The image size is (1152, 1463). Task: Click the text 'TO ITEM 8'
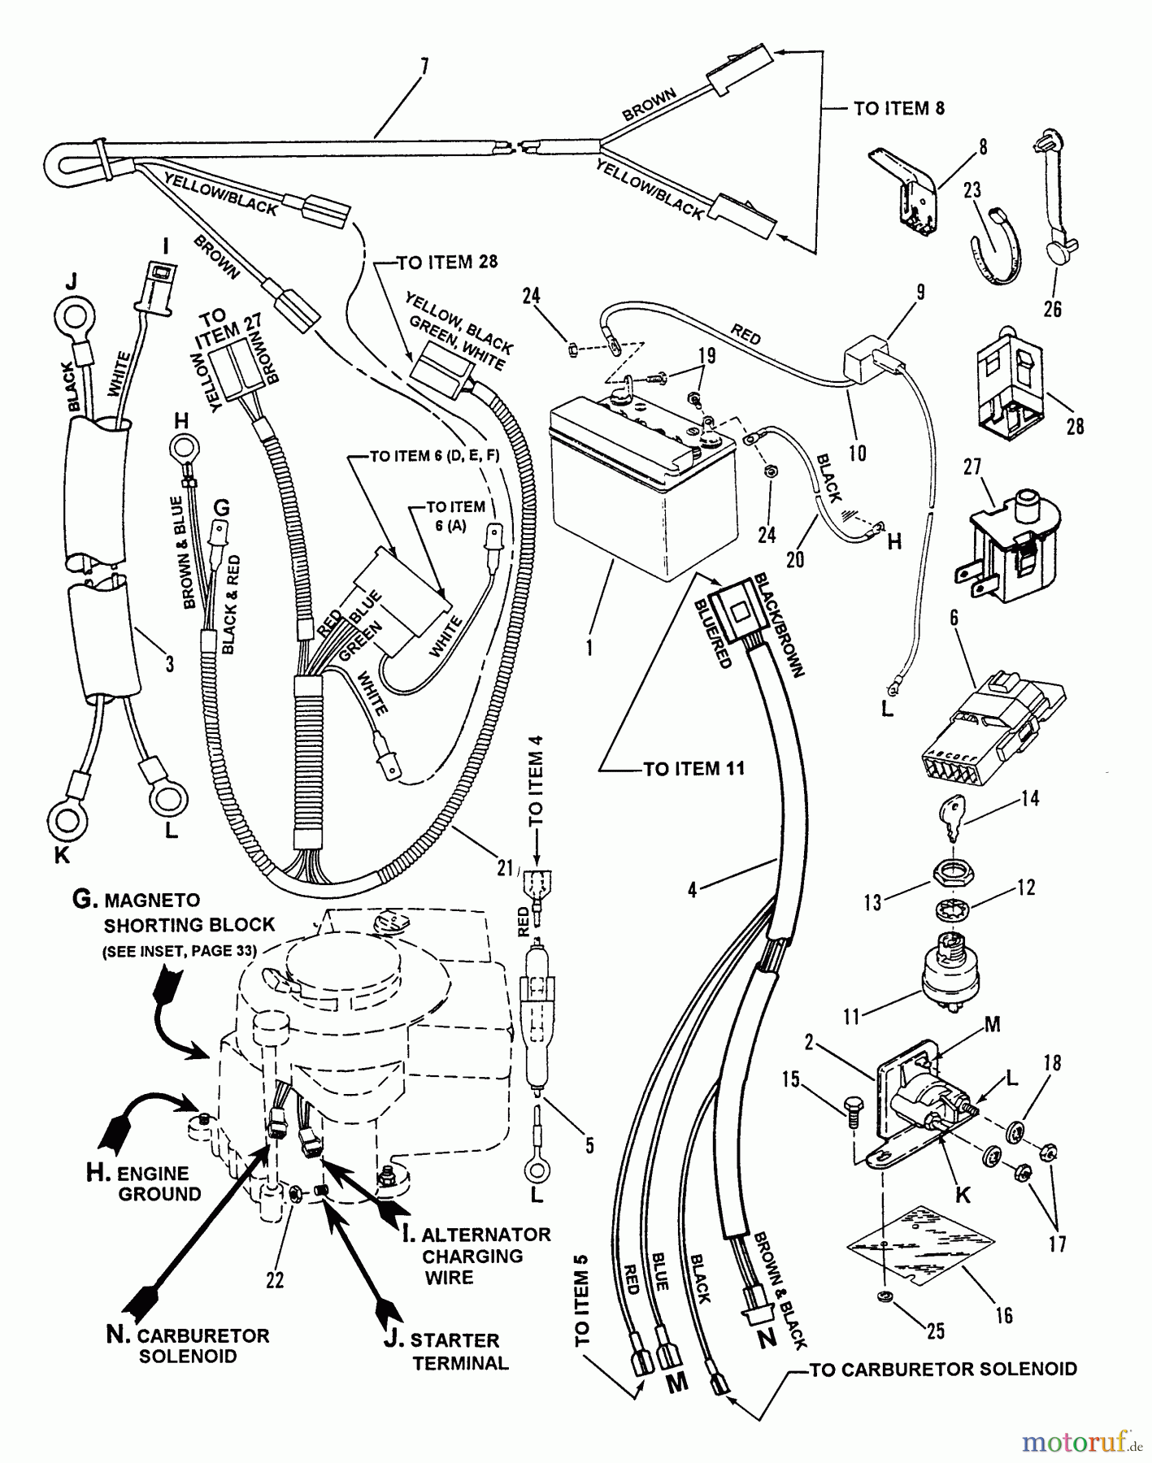pyautogui.click(x=899, y=108)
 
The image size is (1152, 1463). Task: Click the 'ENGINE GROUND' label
pyautogui.click(x=154, y=1183)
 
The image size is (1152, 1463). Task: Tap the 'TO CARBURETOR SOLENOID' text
pyautogui.click(x=942, y=1370)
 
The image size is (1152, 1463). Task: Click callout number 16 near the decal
pyautogui.click(x=1004, y=1314)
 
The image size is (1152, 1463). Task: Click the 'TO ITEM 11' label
pyautogui.click(x=693, y=768)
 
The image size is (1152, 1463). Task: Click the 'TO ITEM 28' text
pyautogui.click(x=446, y=262)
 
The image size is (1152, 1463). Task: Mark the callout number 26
pyautogui.click(x=1052, y=308)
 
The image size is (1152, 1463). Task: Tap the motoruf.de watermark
pyautogui.click(x=1078, y=1442)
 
